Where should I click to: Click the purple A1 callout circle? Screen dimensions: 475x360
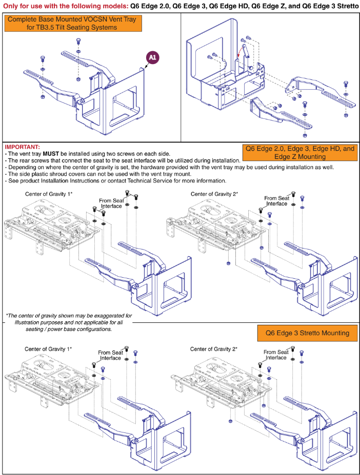152,58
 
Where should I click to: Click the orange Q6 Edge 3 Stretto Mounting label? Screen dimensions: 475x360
307,333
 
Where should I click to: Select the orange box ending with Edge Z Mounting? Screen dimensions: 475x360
299,152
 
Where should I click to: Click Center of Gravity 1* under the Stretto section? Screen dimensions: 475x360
48,349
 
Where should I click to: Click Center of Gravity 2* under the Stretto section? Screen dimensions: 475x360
214,349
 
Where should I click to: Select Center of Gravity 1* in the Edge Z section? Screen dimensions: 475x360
49,194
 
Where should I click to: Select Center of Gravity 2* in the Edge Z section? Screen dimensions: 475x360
214,194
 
